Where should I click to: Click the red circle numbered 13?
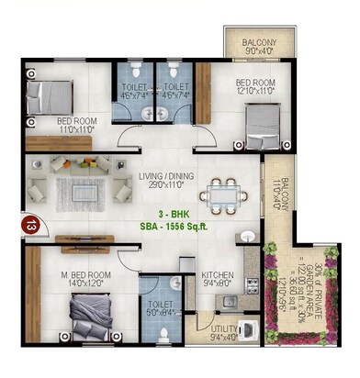click(32, 224)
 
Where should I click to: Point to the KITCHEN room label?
click(218, 275)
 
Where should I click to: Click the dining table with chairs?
click(221, 195)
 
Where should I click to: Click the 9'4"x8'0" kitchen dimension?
click(218, 284)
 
